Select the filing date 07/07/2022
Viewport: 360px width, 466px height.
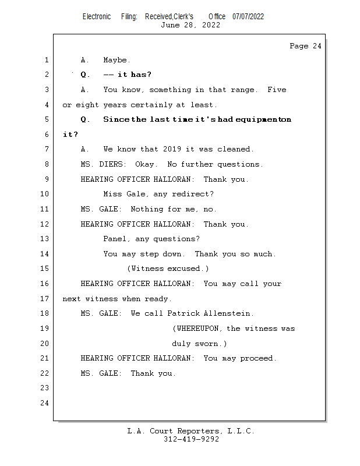[248, 16]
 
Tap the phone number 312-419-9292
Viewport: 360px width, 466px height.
[191, 439]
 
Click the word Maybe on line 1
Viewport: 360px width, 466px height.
[117, 60]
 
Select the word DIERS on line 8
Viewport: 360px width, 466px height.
[110, 164]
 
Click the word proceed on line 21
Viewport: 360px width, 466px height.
[257, 358]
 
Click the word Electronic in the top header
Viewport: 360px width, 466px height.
[97, 16]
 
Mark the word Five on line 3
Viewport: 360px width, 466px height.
[276, 90]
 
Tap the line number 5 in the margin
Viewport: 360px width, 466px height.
[45, 119]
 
